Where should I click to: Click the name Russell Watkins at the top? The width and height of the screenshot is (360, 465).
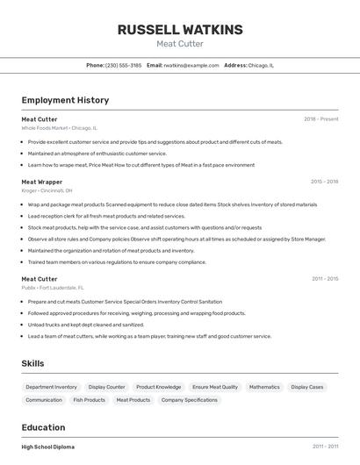180,30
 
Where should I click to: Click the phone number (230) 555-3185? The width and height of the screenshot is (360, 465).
123,65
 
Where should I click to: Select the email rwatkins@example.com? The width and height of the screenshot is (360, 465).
191,65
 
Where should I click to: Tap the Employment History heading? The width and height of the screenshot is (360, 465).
65,101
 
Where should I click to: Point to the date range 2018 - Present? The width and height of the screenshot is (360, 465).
320,119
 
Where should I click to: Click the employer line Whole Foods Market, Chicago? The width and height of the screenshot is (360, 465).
59,128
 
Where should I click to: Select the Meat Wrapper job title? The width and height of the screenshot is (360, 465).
42,182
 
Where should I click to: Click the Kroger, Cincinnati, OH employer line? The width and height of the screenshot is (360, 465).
47,190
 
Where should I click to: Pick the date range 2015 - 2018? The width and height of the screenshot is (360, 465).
324,182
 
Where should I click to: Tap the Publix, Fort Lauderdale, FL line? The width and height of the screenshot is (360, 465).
53,288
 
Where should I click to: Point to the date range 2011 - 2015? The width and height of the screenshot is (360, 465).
325,279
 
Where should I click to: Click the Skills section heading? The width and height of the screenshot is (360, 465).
33,363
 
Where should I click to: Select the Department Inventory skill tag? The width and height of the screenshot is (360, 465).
51,387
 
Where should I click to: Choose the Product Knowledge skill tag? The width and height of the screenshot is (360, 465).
158,387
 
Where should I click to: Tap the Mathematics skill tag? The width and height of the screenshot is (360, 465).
264,387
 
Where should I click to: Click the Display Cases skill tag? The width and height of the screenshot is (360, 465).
307,387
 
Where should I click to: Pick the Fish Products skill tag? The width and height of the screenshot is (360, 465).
89,400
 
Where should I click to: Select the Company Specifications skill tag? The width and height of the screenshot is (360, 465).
189,400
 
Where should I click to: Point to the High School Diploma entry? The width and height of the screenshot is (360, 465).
48,447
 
